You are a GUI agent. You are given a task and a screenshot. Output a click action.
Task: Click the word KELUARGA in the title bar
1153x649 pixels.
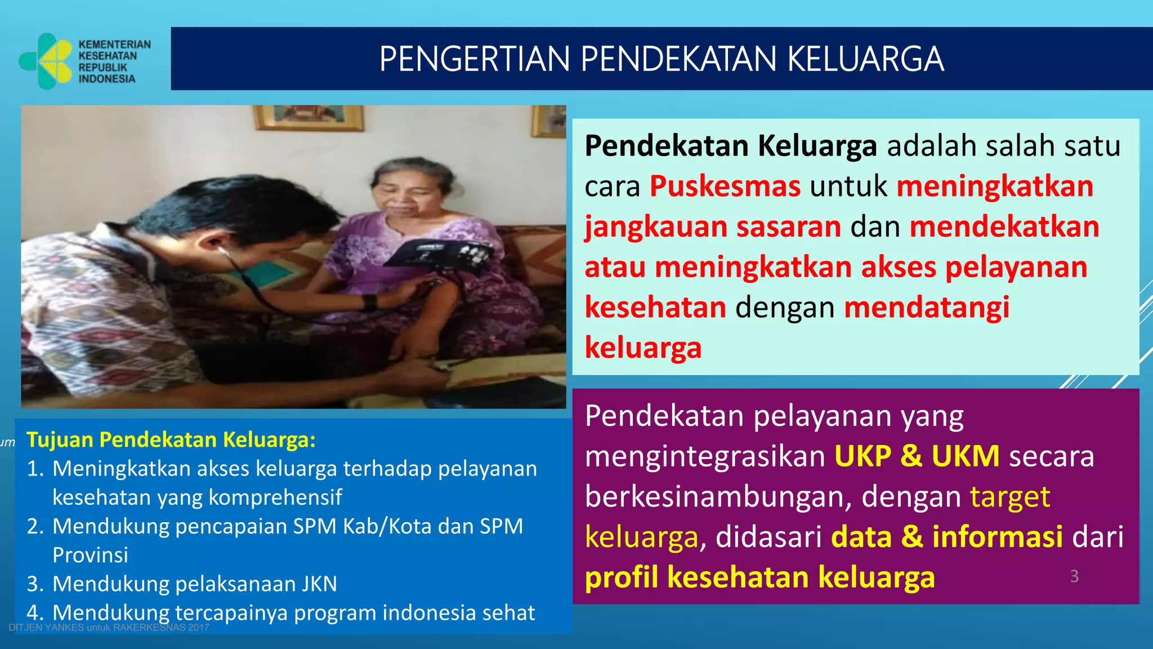coord(865,59)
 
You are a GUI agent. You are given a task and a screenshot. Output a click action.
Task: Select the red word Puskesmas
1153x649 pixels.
coord(725,186)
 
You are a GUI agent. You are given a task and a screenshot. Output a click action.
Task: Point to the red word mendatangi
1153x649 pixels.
coord(927,308)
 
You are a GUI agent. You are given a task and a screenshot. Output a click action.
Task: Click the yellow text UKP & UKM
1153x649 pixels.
coord(917,456)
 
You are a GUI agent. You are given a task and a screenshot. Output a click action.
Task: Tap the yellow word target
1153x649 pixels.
coord(1010,497)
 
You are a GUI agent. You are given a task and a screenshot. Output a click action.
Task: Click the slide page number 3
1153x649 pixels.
coord(1074,576)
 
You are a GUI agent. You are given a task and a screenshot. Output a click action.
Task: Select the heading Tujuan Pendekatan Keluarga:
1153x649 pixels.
coord(171,439)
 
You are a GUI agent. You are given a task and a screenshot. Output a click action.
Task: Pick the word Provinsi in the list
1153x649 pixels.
coord(90,555)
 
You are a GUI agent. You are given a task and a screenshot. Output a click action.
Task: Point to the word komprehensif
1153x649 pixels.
coord(275,497)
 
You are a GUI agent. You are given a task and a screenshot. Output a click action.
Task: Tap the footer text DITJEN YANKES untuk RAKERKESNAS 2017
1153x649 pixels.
coord(109,628)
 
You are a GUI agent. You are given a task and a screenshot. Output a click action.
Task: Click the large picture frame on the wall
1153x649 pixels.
coord(309,117)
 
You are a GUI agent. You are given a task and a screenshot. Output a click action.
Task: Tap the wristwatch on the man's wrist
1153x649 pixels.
coord(369,303)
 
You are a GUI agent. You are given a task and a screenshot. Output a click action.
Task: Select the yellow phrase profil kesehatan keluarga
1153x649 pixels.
coord(759,577)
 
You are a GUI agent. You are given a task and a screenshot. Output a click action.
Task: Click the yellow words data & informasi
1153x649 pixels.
coord(947,537)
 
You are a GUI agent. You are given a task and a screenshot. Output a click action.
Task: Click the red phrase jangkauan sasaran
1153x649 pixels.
coord(713,227)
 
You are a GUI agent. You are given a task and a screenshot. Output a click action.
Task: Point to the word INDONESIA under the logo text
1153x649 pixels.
coord(107,79)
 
